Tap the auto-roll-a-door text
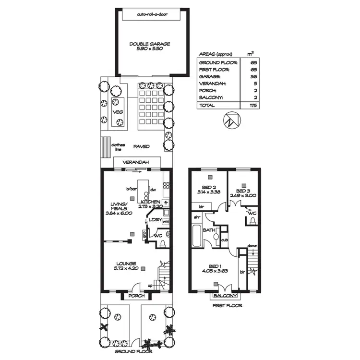150,14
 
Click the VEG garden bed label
118,112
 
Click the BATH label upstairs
209,230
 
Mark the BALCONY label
224,296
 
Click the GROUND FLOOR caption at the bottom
130,351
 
